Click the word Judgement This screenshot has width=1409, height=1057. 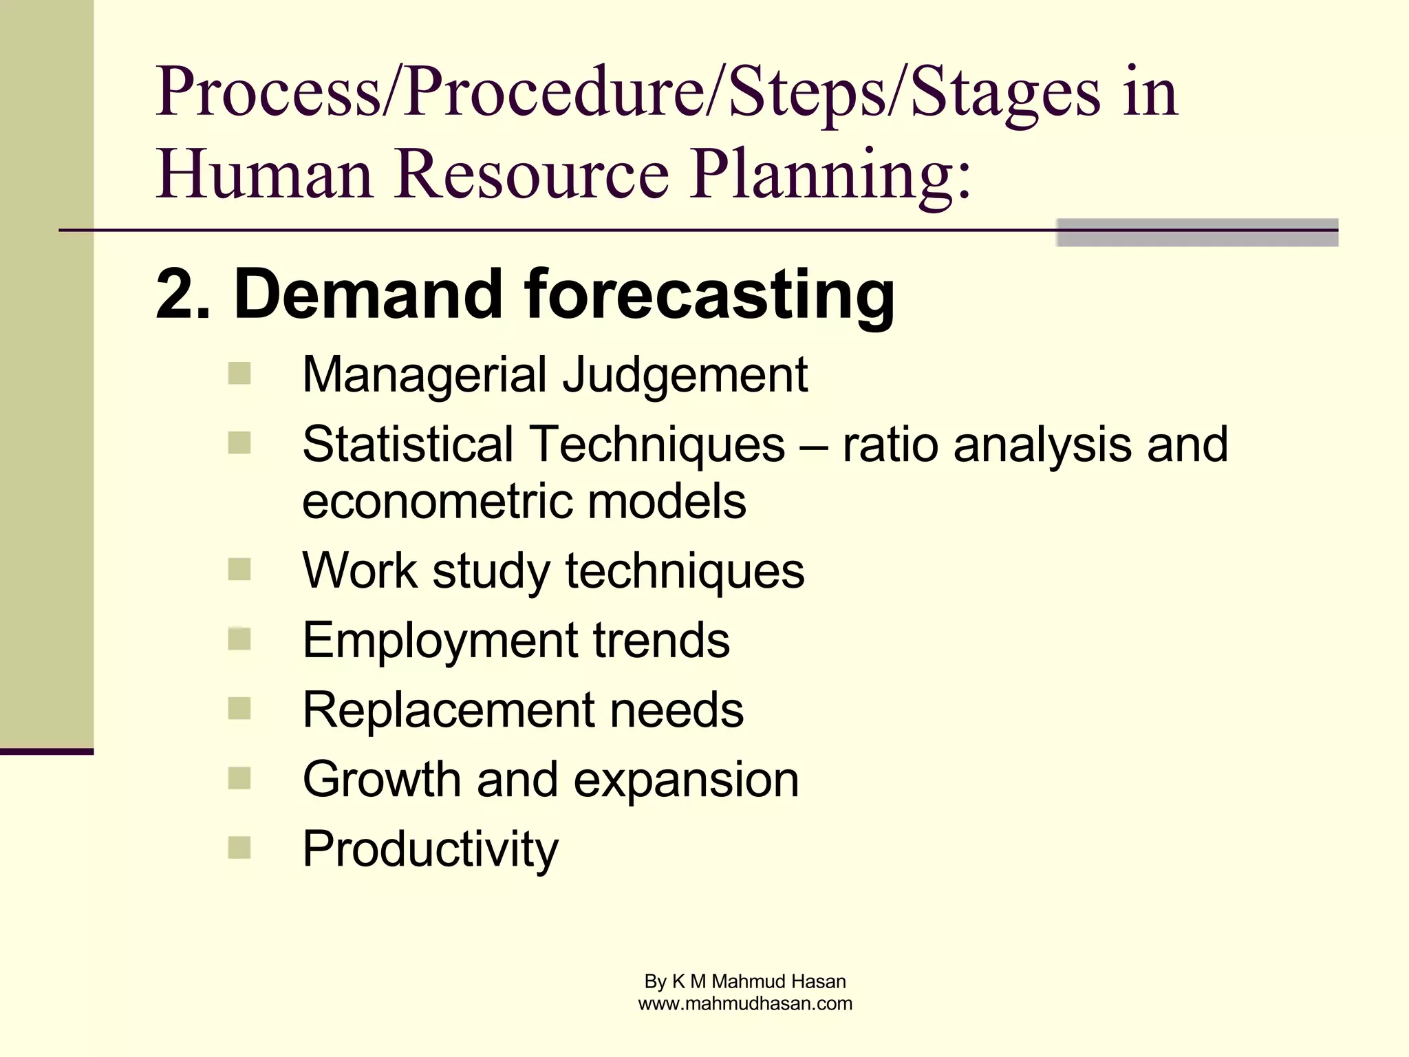685,376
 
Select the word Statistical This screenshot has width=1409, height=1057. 408,445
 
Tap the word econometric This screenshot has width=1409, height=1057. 435,501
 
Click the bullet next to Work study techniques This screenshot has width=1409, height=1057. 239,569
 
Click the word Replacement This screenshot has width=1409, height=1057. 447,710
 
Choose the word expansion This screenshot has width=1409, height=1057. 686,780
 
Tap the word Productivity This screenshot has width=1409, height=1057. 430,849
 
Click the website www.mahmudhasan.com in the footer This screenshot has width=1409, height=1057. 745,1004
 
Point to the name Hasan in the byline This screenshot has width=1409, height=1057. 818,981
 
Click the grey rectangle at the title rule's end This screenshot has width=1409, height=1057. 1197,233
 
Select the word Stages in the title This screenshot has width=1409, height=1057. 1005,93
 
